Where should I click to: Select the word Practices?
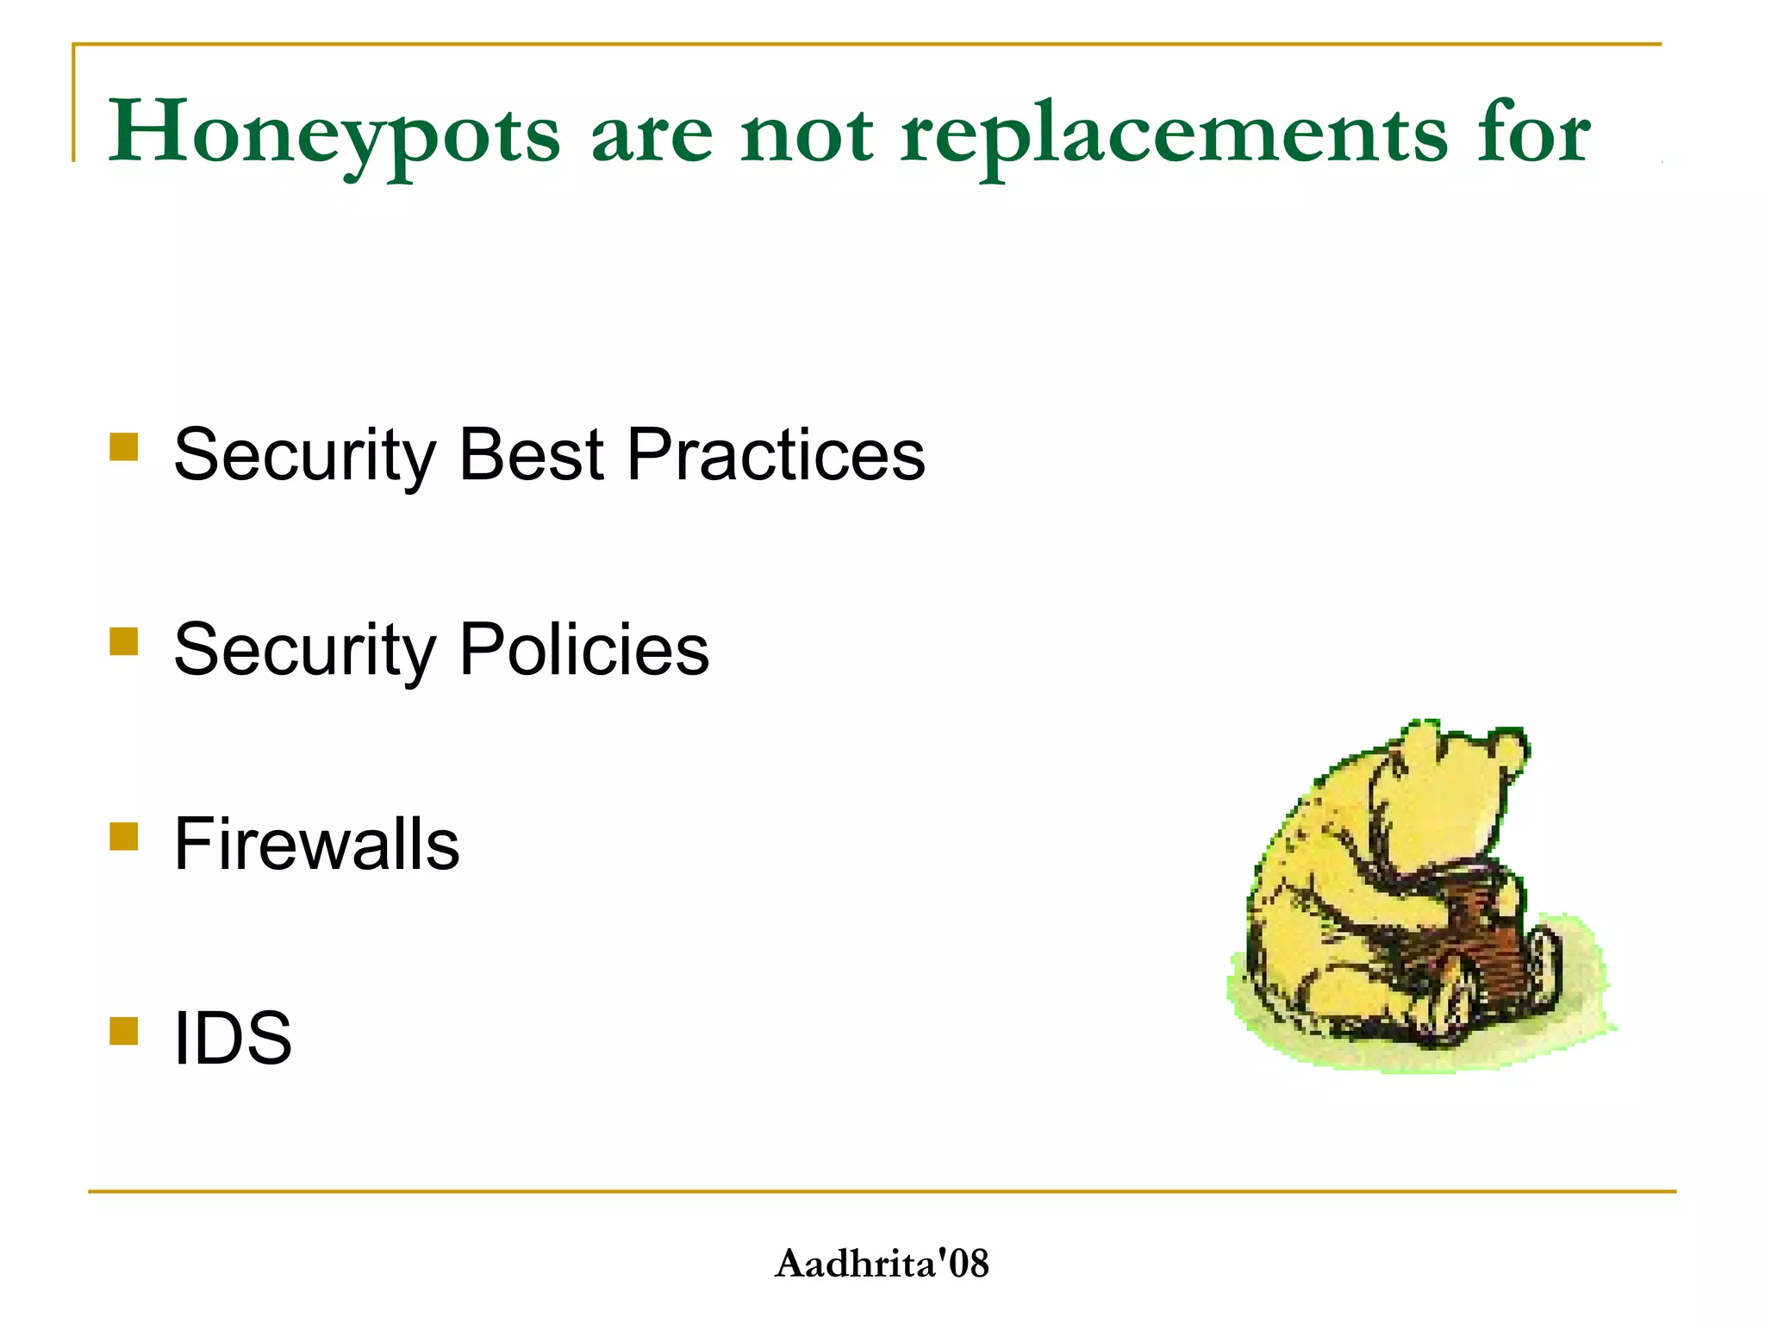coord(776,454)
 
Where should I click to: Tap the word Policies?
coord(584,649)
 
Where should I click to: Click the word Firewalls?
coord(316,844)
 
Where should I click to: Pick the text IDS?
coord(233,1038)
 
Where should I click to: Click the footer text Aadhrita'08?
coord(882,1264)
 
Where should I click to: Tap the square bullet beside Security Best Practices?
coord(124,447)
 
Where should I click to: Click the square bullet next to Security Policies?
coord(124,642)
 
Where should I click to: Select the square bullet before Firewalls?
coord(124,836)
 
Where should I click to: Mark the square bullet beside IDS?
coord(124,1031)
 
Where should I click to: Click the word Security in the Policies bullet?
coord(304,651)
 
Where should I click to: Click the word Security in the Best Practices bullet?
coord(304,456)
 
